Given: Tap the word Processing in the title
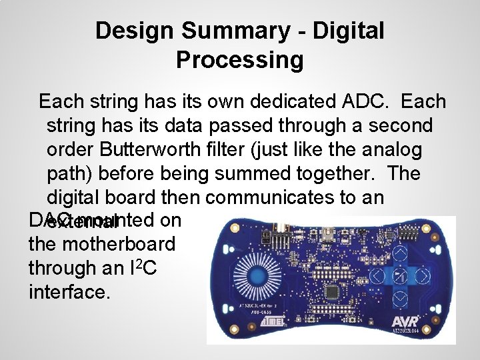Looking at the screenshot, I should (x=240, y=60).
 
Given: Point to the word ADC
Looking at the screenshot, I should (x=363, y=102).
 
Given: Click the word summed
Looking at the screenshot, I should (x=267, y=174).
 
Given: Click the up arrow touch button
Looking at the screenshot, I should (x=401, y=251).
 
